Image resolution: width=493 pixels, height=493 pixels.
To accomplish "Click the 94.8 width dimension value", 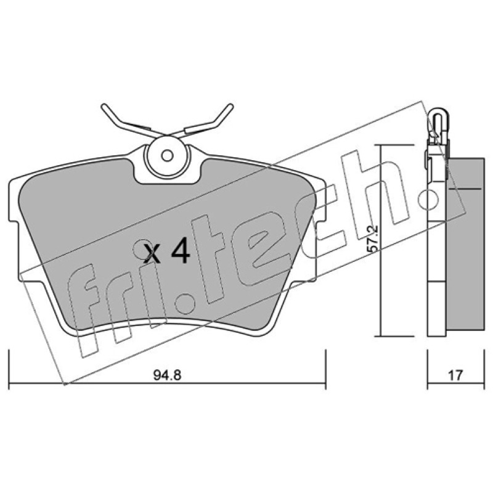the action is pos(167,375).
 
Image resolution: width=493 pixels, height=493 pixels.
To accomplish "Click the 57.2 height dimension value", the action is pos(373,239).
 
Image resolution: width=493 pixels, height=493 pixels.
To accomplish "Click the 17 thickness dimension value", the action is pos(455,375).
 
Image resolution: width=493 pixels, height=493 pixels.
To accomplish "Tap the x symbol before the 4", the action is pos(152,253).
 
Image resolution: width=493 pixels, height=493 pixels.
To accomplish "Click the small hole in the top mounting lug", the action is pos(167,155).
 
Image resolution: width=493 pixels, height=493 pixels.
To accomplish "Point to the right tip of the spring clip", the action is pos(230,106).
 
